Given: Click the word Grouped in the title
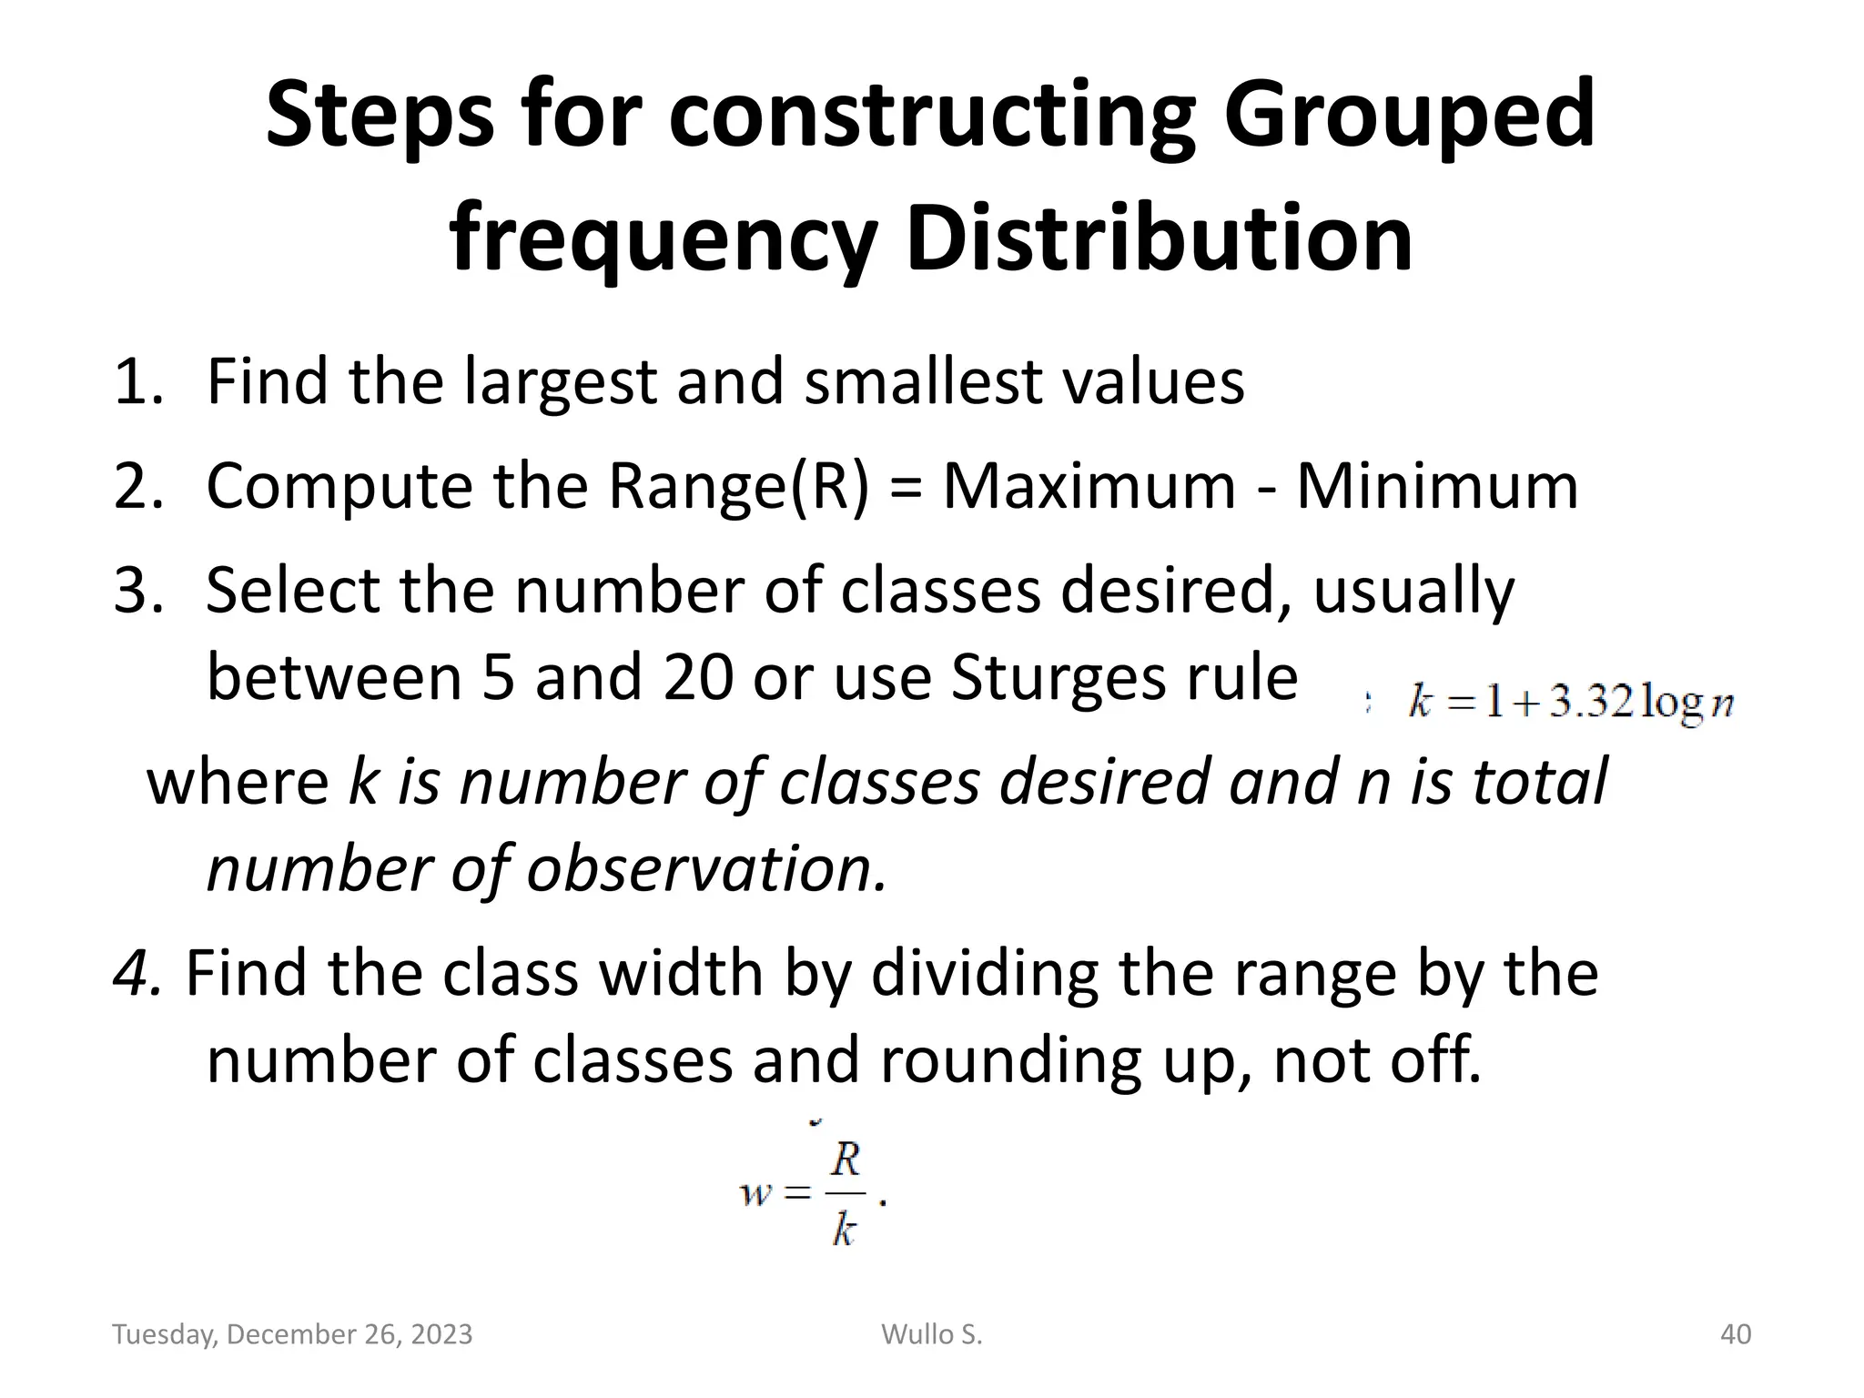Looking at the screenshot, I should coord(1409,116).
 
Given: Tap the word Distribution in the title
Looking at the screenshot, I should coord(1160,238).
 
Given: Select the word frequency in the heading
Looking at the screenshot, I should coord(663,238).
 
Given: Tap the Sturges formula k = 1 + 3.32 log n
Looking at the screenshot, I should coord(1570,704).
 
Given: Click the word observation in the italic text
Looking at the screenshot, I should coord(705,868).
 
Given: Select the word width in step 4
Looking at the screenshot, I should coord(677,973).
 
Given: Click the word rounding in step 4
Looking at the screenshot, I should coord(1010,1060).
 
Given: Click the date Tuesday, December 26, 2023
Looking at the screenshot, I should coord(292,1334).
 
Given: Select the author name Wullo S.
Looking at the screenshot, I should coord(932,1334).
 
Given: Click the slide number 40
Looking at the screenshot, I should coord(1736,1334).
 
